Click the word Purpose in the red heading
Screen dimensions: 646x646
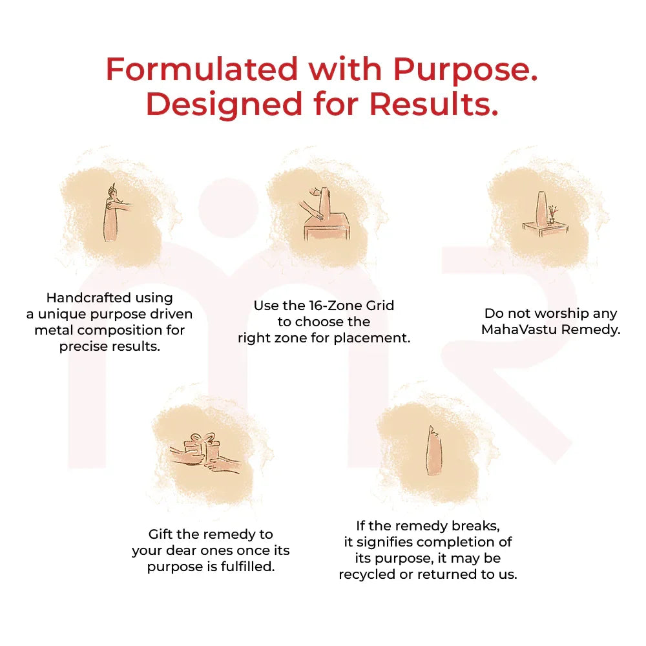[466, 69]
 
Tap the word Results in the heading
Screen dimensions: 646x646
[434, 104]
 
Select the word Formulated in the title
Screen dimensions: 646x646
[202, 69]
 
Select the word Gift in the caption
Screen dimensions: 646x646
[160, 534]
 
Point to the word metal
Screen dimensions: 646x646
[54, 330]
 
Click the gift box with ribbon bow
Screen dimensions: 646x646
[203, 447]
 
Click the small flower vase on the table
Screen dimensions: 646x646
[552, 215]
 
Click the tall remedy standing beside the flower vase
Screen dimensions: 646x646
[541, 209]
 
